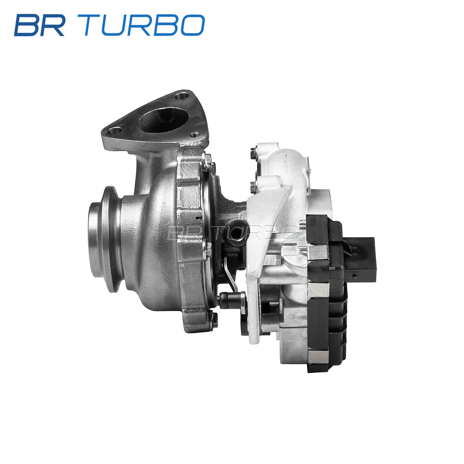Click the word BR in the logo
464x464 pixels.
coord(40,25)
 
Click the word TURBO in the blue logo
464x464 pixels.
coord(141,25)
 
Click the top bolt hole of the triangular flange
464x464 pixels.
coord(182,96)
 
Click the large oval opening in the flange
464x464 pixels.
coord(164,120)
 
